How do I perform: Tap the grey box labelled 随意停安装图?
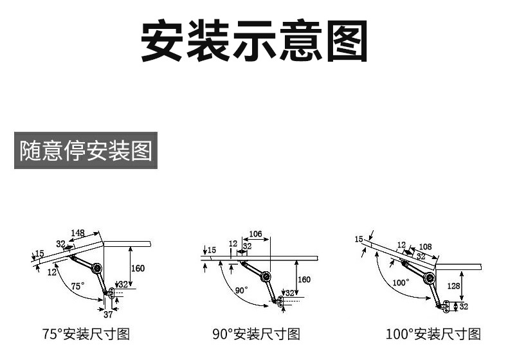pyautogui.click(x=86, y=151)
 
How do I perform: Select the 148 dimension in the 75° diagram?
pyautogui.click(x=78, y=233)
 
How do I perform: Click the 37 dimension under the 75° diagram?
pyautogui.click(x=108, y=314)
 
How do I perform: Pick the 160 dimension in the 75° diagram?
pyautogui.click(x=138, y=268)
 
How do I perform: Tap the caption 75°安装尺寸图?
pyautogui.click(x=86, y=334)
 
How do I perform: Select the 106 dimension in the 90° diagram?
pyautogui.click(x=255, y=234)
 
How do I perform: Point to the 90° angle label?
pyautogui.click(x=241, y=291)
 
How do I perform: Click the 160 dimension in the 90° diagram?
pyautogui.click(x=304, y=279)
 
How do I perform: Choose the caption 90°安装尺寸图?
pyautogui.click(x=256, y=334)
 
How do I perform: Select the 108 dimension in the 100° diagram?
pyautogui.click(x=425, y=247)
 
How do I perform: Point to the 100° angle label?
pyautogui.click(x=401, y=282)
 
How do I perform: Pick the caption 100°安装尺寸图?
pyautogui.click(x=433, y=334)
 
